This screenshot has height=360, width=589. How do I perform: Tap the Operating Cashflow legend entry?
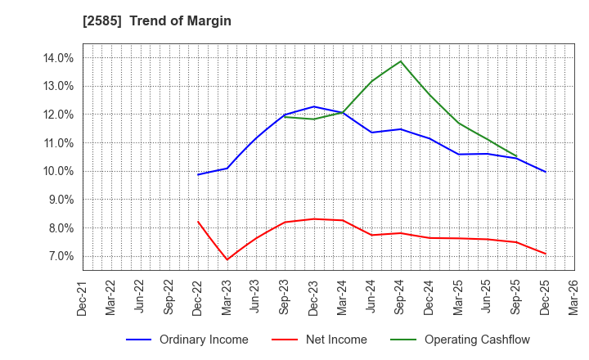[478, 340]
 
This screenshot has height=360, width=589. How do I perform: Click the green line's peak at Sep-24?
[400, 61]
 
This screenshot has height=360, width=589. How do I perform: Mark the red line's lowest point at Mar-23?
[227, 259]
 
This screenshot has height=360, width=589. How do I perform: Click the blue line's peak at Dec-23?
[313, 106]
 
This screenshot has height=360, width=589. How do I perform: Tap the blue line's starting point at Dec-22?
[198, 174]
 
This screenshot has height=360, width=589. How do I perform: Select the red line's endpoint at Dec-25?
[545, 254]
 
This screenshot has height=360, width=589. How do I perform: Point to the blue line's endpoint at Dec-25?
[545, 172]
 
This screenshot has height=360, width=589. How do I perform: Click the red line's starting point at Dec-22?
[198, 222]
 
